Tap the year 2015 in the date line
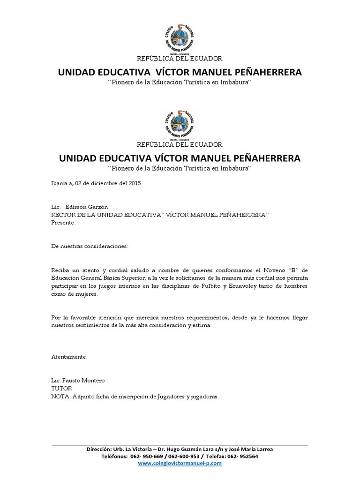pyautogui.click(x=134, y=183)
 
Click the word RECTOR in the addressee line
pyautogui.click(x=62, y=215)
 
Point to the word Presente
pyautogui.click(x=63, y=223)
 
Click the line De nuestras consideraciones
pyautogui.click(x=89, y=246)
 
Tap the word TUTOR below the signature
pyautogui.click(x=60, y=388)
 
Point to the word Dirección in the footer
pyautogui.click(x=100, y=449)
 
